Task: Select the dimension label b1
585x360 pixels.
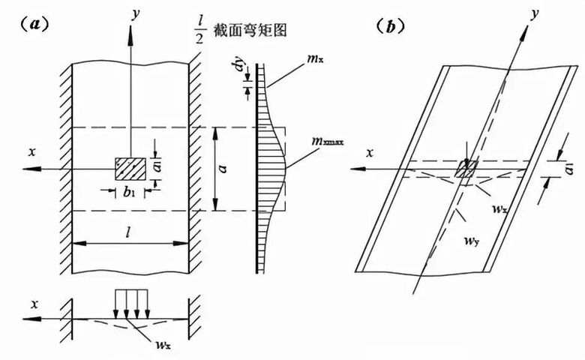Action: [x=128, y=187]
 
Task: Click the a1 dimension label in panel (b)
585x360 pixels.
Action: [x=571, y=165]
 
